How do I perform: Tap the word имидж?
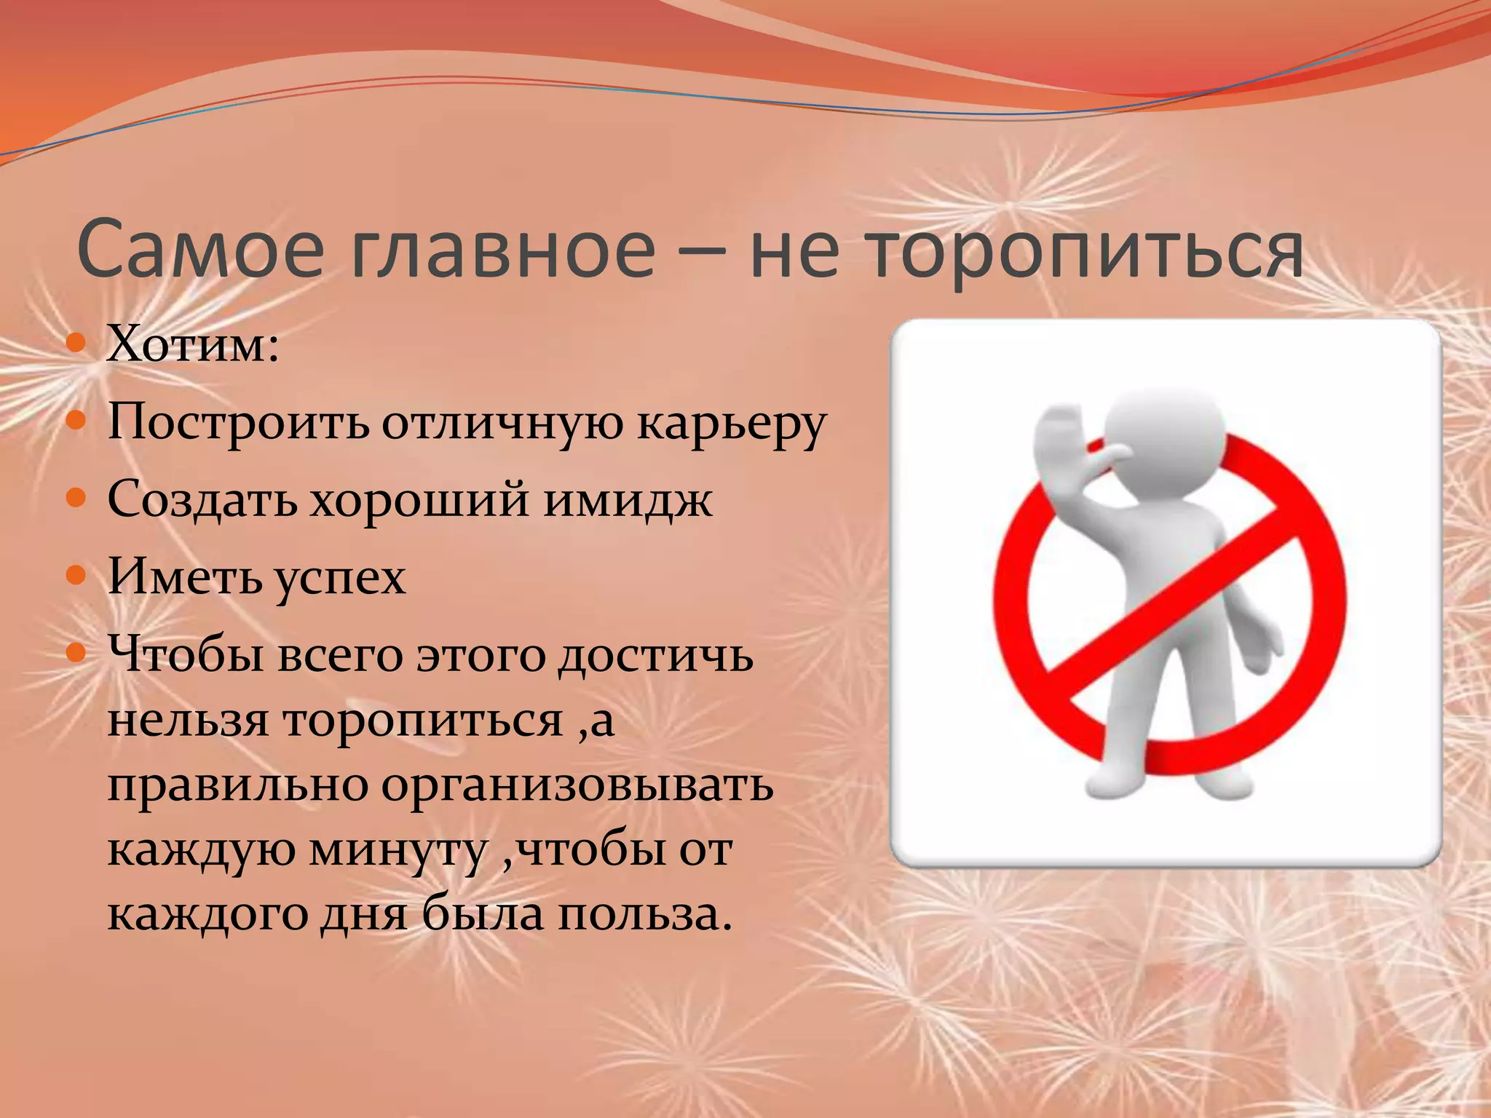click(628, 501)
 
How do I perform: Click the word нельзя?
click(188, 721)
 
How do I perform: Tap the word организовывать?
click(577, 786)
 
